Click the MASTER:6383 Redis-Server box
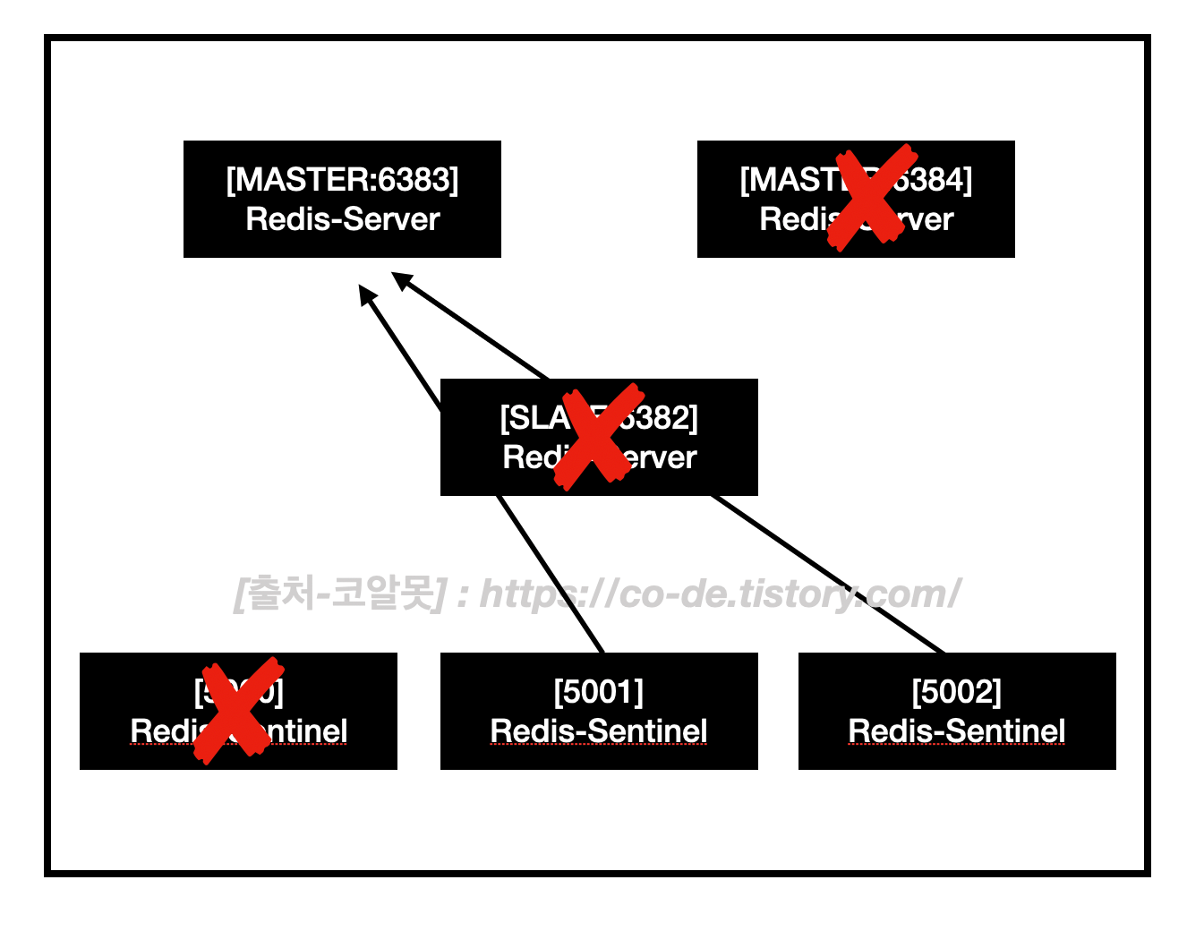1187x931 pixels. [x=342, y=199]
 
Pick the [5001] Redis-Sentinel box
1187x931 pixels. [x=599, y=711]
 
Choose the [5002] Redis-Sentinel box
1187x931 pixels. [x=957, y=711]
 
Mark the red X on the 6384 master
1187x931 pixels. [x=870, y=196]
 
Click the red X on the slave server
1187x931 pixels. [x=597, y=436]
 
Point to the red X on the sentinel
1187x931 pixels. [x=237, y=710]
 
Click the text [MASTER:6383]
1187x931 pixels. [x=342, y=180]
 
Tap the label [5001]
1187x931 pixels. [x=599, y=692]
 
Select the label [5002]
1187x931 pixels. [x=957, y=692]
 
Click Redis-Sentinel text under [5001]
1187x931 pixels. [x=599, y=730]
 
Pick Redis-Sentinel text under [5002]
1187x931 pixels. [x=957, y=730]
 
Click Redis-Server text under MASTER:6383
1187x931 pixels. [x=342, y=219]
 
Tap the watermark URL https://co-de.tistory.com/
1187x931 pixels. [x=720, y=594]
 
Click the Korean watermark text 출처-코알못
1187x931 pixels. [x=340, y=594]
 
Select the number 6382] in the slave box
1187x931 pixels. [x=662, y=418]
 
